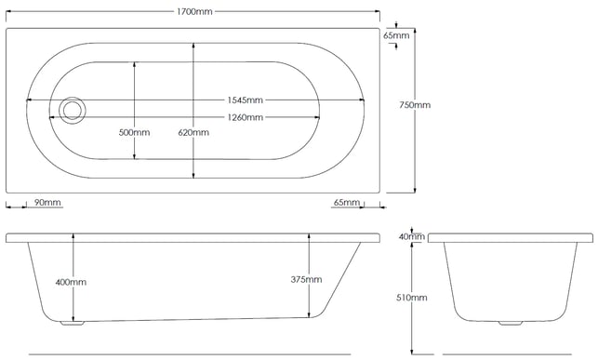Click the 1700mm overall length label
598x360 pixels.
pos(194,11)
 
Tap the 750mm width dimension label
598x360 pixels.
pos(415,105)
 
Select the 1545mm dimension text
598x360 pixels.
pos(246,100)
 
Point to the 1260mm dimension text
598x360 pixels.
pos(246,117)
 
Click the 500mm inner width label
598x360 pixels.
pos(134,133)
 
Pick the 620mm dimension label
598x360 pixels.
pos(193,133)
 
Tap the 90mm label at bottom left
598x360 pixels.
pos(47,203)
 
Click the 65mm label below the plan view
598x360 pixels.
pos(347,203)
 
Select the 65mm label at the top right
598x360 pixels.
pos(396,35)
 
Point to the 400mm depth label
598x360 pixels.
pos(71,282)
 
